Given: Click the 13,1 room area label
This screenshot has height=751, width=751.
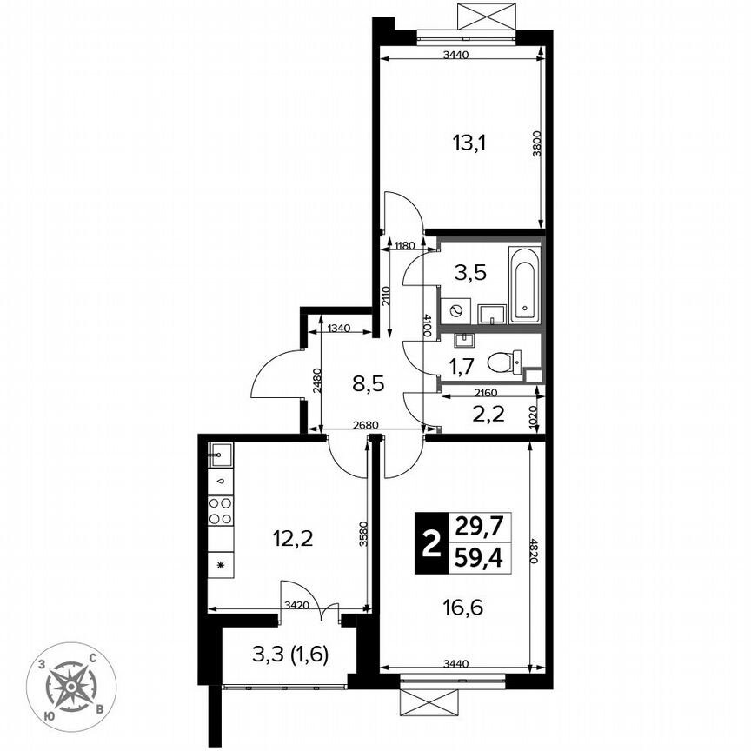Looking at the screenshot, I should (x=469, y=143).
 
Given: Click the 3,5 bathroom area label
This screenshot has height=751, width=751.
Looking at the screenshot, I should (x=469, y=271).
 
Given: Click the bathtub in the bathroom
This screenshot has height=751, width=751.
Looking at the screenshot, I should (x=525, y=283).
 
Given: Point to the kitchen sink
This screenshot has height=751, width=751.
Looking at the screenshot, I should (x=220, y=452).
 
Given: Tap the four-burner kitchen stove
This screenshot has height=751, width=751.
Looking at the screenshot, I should (x=220, y=510).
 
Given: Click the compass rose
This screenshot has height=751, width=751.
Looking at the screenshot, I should (x=71, y=686).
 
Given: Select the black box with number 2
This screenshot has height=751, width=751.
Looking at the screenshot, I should (x=429, y=543).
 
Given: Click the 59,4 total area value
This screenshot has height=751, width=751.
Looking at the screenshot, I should (x=478, y=557).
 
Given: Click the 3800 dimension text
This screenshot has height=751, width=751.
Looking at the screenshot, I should (x=537, y=143).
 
